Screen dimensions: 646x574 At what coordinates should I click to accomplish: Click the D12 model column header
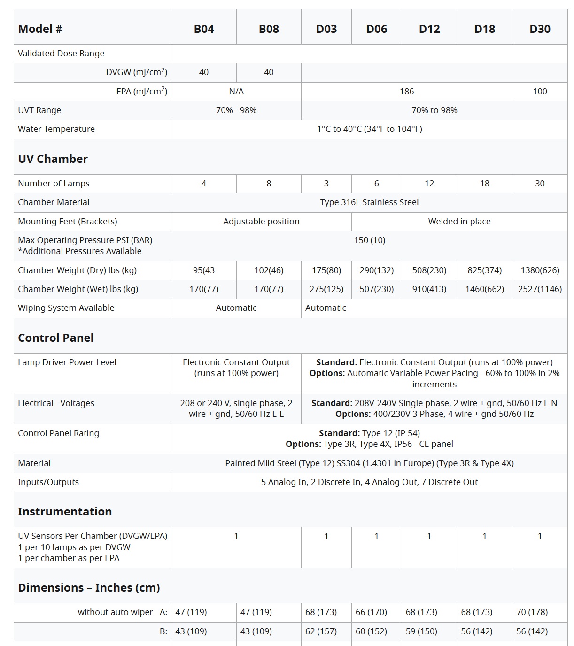(429, 29)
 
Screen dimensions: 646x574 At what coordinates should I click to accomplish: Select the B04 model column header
(204, 29)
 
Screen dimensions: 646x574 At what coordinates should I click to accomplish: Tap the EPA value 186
(407, 92)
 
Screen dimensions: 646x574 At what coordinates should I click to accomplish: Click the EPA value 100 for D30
(540, 92)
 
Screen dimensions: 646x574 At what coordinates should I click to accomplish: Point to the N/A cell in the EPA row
(236, 92)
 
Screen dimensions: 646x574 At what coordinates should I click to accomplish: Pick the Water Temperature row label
(56, 129)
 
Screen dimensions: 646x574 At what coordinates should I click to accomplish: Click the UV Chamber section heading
(53, 159)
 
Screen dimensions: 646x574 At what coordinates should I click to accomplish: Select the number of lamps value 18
(484, 184)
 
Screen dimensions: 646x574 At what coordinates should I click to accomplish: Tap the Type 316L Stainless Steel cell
(369, 202)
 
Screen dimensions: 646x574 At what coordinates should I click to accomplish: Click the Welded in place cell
(459, 222)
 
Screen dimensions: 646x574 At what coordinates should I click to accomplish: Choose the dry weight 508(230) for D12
(429, 270)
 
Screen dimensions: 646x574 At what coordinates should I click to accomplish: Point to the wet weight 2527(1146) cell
(540, 289)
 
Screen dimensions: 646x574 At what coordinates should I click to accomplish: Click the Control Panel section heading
(56, 338)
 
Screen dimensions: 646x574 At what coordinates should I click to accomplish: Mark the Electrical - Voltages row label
(56, 403)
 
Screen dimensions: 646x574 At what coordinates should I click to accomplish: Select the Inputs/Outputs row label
(48, 482)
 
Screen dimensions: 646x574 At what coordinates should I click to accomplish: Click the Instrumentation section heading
(65, 512)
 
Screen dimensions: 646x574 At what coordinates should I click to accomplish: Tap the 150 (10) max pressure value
(369, 240)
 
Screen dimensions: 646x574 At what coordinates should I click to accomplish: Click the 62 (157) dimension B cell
(321, 631)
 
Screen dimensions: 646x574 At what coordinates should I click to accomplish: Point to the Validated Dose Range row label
(61, 54)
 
